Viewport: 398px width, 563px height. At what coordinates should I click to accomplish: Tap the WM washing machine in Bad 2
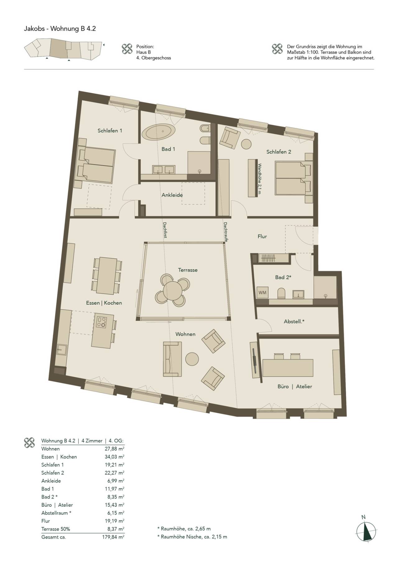[262, 293]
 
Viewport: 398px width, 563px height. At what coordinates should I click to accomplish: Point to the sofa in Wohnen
[172, 359]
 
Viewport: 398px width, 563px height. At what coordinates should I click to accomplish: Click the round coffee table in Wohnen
[192, 359]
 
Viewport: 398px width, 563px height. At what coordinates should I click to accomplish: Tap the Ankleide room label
[172, 195]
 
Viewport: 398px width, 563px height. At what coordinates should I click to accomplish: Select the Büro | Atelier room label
[295, 386]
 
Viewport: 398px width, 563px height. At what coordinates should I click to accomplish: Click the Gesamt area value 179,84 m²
[113, 537]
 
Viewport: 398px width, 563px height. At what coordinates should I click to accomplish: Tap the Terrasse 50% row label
[56, 529]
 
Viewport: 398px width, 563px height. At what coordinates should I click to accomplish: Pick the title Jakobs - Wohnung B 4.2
[60, 29]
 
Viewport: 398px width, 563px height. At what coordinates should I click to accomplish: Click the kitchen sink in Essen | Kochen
[61, 350]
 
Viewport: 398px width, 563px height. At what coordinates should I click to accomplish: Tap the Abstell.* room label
[294, 321]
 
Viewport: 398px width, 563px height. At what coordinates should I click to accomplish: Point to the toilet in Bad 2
[281, 293]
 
